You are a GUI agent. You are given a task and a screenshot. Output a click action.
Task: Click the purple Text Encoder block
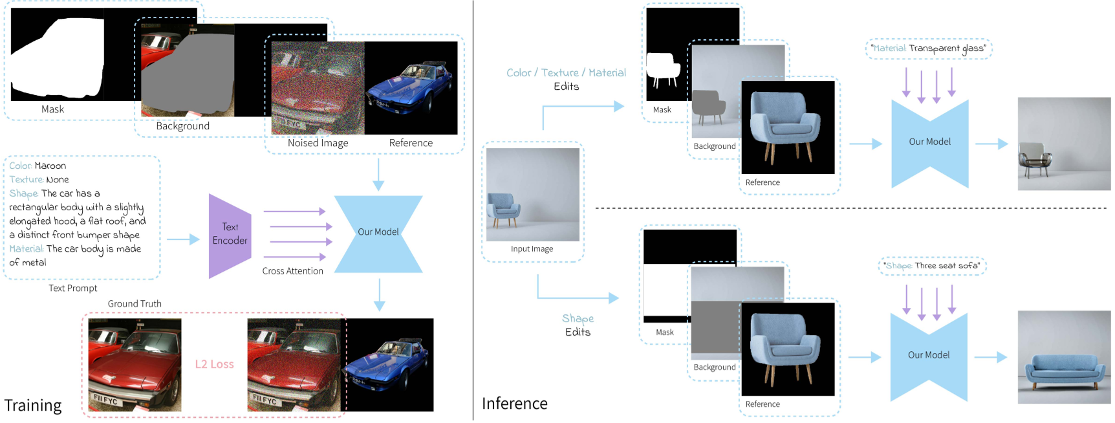pyautogui.click(x=230, y=235)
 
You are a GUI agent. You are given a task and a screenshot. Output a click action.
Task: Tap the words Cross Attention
pyautogui.click(x=292, y=271)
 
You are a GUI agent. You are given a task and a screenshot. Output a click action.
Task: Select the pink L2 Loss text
pyautogui.click(x=214, y=364)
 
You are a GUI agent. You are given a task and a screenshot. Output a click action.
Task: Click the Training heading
pyautogui.click(x=33, y=406)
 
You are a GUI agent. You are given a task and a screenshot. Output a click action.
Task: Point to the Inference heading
pyautogui.click(x=514, y=404)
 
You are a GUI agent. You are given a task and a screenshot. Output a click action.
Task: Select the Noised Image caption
pyautogui.click(x=318, y=143)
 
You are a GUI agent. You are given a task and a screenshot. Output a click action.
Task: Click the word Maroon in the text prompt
pyautogui.click(x=50, y=166)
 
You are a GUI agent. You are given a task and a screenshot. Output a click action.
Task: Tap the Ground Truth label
pyautogui.click(x=135, y=304)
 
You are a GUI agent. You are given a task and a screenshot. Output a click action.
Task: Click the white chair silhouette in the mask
pyautogui.click(x=662, y=69)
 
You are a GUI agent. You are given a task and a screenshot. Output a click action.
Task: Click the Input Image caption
pyautogui.click(x=532, y=249)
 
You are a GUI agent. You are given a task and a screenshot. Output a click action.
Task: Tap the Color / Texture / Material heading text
pyautogui.click(x=566, y=73)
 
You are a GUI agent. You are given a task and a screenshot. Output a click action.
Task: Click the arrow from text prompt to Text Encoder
pyautogui.click(x=183, y=239)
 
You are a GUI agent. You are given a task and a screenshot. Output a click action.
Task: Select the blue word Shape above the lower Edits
pyautogui.click(x=578, y=318)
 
